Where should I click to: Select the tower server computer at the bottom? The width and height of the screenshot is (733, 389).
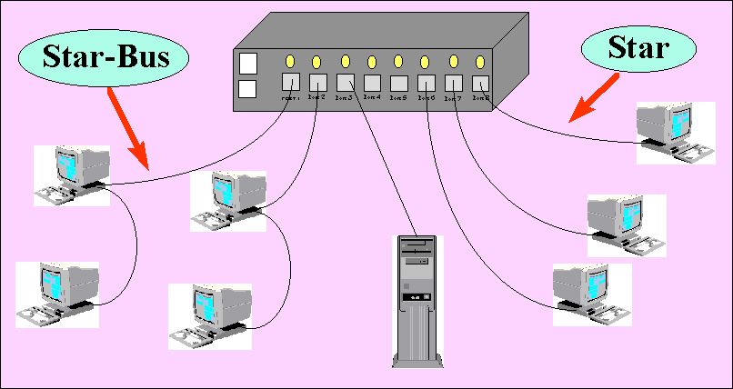pos(419,300)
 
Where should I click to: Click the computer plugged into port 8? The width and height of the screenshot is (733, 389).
pos(670,132)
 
